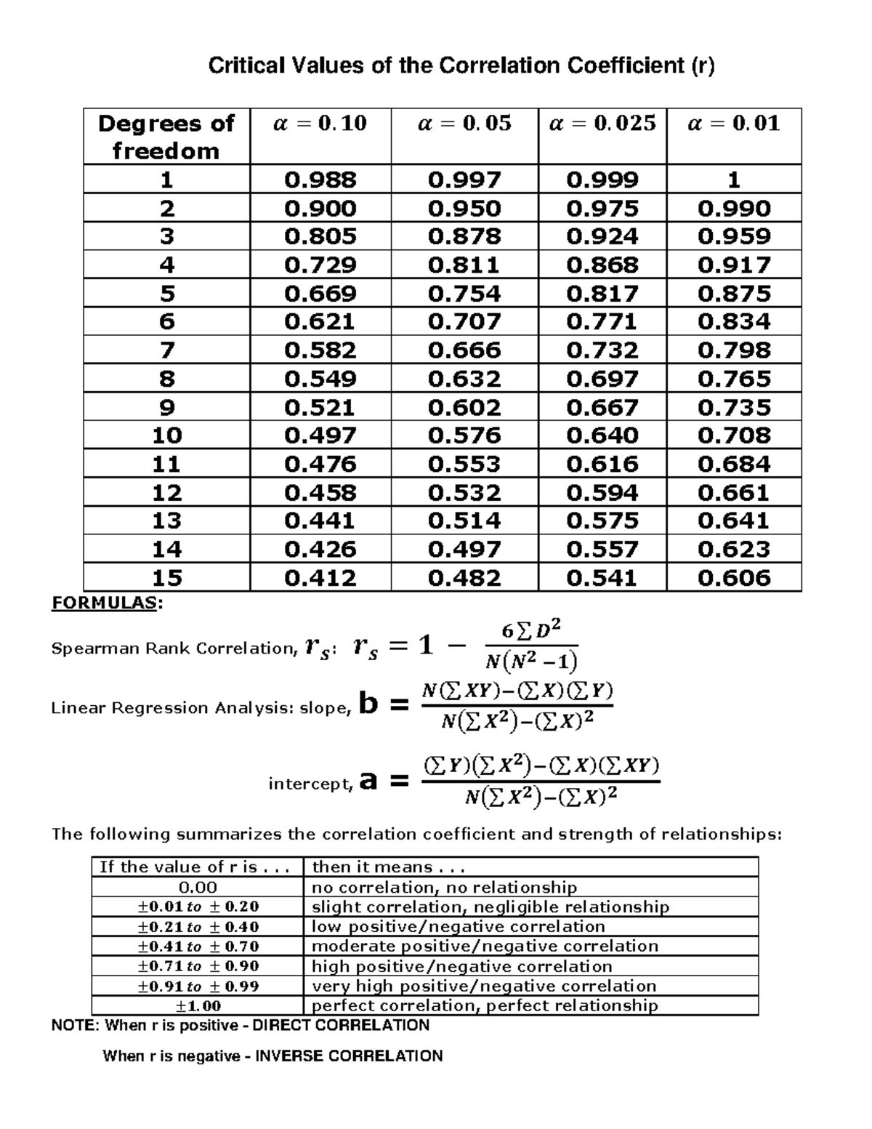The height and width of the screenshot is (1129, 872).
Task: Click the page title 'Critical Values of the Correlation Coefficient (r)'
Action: [x=461, y=66]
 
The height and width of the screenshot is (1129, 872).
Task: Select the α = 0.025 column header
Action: [x=602, y=124]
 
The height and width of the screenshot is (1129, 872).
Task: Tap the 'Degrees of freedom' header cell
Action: [x=166, y=137]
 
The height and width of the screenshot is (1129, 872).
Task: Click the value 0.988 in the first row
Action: [x=320, y=180]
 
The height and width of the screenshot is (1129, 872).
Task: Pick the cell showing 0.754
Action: [x=464, y=294]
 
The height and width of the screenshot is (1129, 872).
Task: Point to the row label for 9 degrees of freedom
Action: [x=166, y=407]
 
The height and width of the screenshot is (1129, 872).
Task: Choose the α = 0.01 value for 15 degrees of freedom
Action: [x=734, y=578]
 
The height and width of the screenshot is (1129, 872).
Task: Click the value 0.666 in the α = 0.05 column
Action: [x=464, y=350]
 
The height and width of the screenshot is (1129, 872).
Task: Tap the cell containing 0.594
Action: [x=602, y=493]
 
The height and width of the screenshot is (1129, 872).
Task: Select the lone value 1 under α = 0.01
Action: [x=734, y=180]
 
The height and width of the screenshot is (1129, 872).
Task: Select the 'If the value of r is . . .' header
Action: [x=195, y=867]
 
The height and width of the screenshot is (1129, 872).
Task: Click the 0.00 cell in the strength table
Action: [x=198, y=887]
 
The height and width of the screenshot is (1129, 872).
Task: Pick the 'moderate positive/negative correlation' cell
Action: [x=485, y=946]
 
